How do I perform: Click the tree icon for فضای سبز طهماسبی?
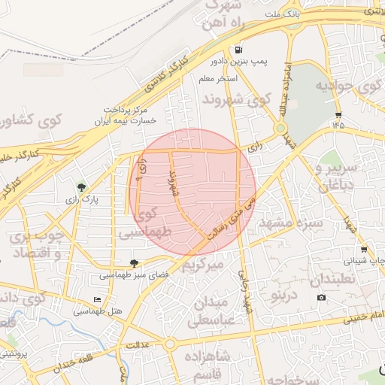[134, 262]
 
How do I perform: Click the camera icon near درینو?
[322, 298]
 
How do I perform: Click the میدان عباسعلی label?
[215, 311]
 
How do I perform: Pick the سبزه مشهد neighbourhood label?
[290, 223]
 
